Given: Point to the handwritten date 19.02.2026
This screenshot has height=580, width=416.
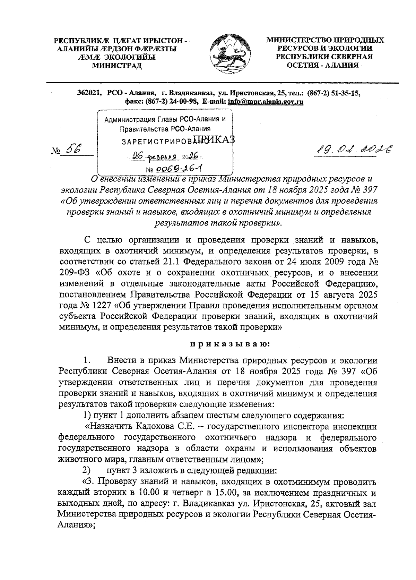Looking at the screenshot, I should (353, 150).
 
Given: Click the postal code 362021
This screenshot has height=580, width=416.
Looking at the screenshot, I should (89, 93).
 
